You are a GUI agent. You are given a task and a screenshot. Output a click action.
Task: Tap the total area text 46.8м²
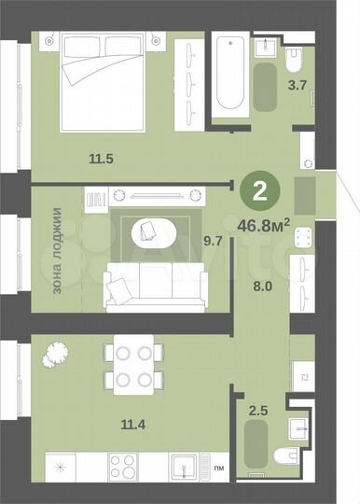265,224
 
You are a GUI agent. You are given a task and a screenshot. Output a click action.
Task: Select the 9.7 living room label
214,241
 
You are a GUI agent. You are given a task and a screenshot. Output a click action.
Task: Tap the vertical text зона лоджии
57,251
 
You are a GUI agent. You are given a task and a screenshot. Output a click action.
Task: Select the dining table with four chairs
131,367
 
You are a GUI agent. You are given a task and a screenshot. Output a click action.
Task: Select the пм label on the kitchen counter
218,467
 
